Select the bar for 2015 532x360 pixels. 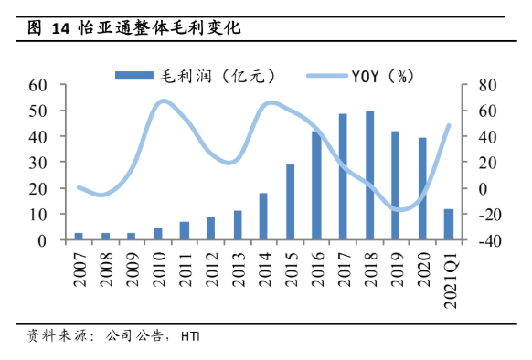(x=290, y=202)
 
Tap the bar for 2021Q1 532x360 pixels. (x=449, y=225)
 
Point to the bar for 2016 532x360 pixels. (x=316, y=185)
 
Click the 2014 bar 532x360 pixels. (x=263, y=217)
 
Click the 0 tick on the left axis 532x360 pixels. (x=42, y=240)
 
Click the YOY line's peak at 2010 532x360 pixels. (x=161, y=101)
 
